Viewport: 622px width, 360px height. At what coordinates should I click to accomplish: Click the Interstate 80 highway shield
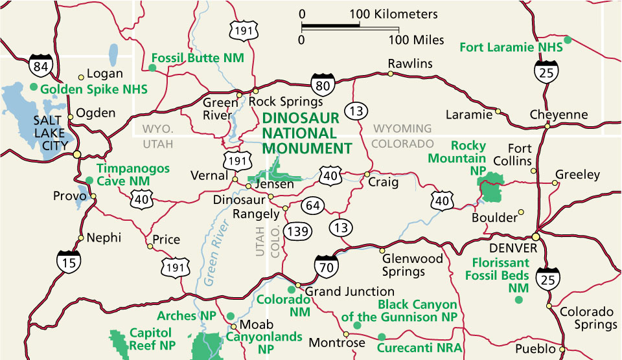pos(323,84)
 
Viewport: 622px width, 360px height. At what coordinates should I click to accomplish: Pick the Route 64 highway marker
pos(314,205)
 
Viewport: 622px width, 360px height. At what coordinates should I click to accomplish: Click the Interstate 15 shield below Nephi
pos(68,260)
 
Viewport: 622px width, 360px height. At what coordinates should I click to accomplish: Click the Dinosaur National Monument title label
pos(306,133)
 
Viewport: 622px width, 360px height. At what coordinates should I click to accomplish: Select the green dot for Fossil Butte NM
pos(152,67)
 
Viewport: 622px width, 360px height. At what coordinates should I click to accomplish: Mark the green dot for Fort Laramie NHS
pos(568,40)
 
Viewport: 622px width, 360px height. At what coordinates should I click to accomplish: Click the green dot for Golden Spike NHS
pos(34,86)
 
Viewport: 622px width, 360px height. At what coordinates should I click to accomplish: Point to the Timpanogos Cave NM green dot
pos(89,180)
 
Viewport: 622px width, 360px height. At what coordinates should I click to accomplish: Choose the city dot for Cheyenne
pos(547,126)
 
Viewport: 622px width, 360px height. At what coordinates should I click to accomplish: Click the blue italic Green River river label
pos(216,249)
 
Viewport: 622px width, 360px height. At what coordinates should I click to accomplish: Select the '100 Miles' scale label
pos(417,40)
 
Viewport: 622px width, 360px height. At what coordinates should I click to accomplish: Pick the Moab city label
pos(253,324)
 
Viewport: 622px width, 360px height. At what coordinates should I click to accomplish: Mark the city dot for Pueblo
pos(562,350)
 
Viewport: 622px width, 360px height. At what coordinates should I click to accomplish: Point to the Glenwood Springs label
pos(412,265)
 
